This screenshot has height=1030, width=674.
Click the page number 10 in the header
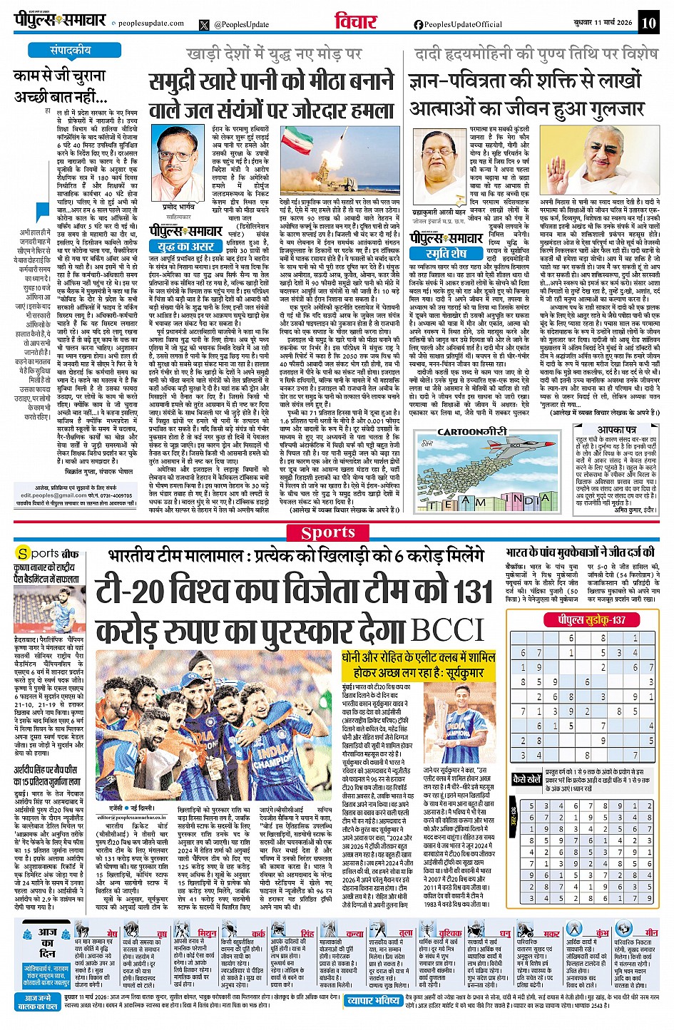pyautogui.click(x=648, y=23)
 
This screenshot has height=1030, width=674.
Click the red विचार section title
pyautogui.click(x=355, y=22)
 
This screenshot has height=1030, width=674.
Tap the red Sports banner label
pyautogui.click(x=327, y=532)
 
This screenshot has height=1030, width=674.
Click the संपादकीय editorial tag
pyautogui.click(x=71, y=51)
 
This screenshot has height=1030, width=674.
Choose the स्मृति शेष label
pyautogui.click(x=446, y=253)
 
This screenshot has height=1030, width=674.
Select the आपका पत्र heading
pyautogui.click(x=616, y=430)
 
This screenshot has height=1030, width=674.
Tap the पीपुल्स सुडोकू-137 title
pyautogui.click(x=591, y=619)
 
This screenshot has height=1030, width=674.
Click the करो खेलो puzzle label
pyautogui.click(x=527, y=779)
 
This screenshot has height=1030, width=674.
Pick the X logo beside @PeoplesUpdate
pyautogui.click(x=205, y=24)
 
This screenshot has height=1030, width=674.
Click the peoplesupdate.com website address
pyautogui.click(x=150, y=24)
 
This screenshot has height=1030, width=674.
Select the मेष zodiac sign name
pyautogui.click(x=112, y=933)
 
